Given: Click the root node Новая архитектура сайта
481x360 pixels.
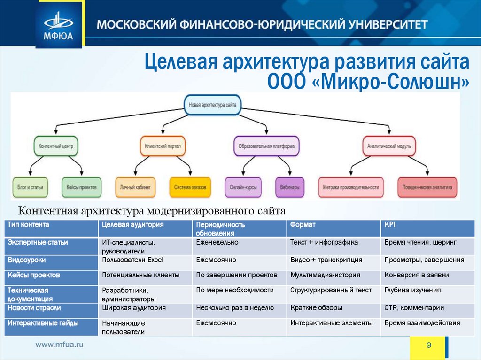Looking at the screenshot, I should click(212, 106).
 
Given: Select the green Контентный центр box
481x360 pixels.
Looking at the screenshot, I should click(56, 146).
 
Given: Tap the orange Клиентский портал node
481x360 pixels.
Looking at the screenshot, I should click(163, 146).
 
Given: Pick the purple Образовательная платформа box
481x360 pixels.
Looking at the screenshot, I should click(266, 146).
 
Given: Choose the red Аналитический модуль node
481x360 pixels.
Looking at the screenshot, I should click(389, 146).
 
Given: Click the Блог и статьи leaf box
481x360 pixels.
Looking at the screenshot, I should click(31, 187).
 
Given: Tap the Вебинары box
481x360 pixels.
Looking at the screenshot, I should click(289, 187).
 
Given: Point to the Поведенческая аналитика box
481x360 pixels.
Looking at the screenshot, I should click(427, 187).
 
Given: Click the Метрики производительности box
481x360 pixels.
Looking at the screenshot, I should click(351, 187).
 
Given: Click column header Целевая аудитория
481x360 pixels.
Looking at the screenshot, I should click(133, 225).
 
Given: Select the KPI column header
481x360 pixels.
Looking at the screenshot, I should click(390, 225).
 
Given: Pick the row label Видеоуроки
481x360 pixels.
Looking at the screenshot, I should click(27, 260).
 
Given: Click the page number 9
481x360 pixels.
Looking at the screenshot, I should click(428, 345).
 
